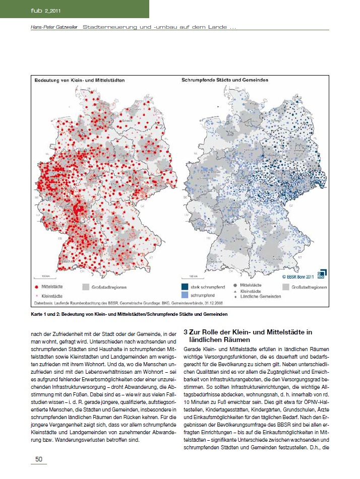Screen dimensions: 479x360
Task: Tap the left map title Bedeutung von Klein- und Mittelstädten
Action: tap(80, 81)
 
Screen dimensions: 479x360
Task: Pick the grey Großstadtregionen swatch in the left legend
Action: tap(86, 287)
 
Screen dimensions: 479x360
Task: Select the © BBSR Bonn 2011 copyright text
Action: tap(297, 276)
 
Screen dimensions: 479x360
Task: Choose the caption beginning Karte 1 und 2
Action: tap(126, 314)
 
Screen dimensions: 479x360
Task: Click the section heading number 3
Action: tap(186, 332)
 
